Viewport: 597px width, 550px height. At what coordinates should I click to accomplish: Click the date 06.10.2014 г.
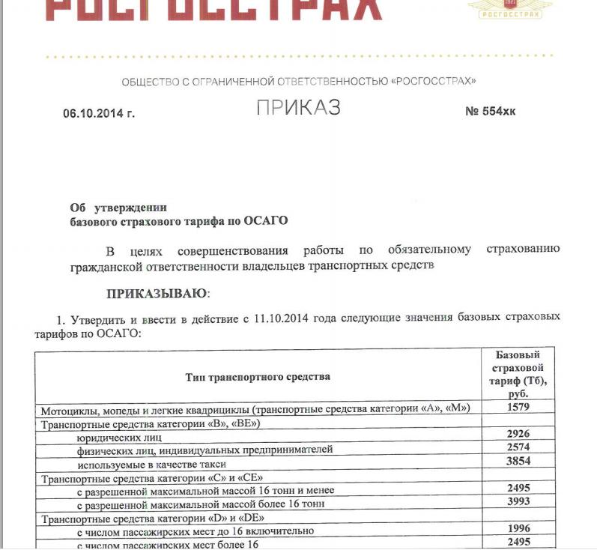[99, 113]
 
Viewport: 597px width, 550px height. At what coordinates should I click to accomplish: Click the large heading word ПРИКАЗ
[298, 108]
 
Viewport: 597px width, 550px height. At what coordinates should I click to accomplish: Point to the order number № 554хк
[491, 112]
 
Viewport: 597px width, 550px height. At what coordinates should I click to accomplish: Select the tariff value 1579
[518, 408]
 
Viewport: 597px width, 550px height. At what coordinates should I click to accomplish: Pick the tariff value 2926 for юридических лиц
[518, 434]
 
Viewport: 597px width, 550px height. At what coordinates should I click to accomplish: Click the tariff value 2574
[518, 447]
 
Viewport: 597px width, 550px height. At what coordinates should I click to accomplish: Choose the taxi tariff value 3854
[518, 462]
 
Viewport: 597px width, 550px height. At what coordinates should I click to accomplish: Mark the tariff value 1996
[518, 528]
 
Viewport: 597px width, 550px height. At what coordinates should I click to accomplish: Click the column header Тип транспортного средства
[258, 377]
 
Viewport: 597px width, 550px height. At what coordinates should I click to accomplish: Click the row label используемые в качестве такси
[142, 464]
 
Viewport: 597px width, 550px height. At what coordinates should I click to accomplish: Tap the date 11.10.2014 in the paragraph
[276, 318]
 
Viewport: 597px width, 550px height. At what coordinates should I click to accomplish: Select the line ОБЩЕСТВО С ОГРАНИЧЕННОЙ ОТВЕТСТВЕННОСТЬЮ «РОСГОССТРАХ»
[298, 81]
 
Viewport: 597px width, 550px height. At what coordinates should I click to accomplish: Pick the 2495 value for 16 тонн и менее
[518, 488]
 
